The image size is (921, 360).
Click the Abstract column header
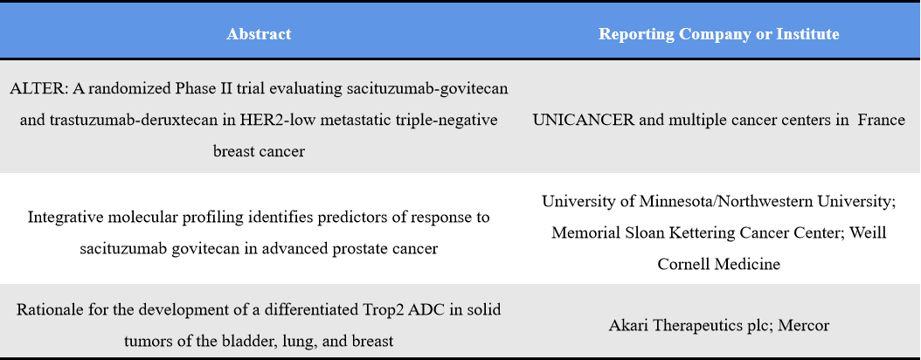[259, 34]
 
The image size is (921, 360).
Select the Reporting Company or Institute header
[718, 34]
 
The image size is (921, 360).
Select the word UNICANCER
[583, 120]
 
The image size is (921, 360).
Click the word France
[881, 120]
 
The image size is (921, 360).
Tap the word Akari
[628, 325]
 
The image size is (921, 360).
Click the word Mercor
[802, 325]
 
